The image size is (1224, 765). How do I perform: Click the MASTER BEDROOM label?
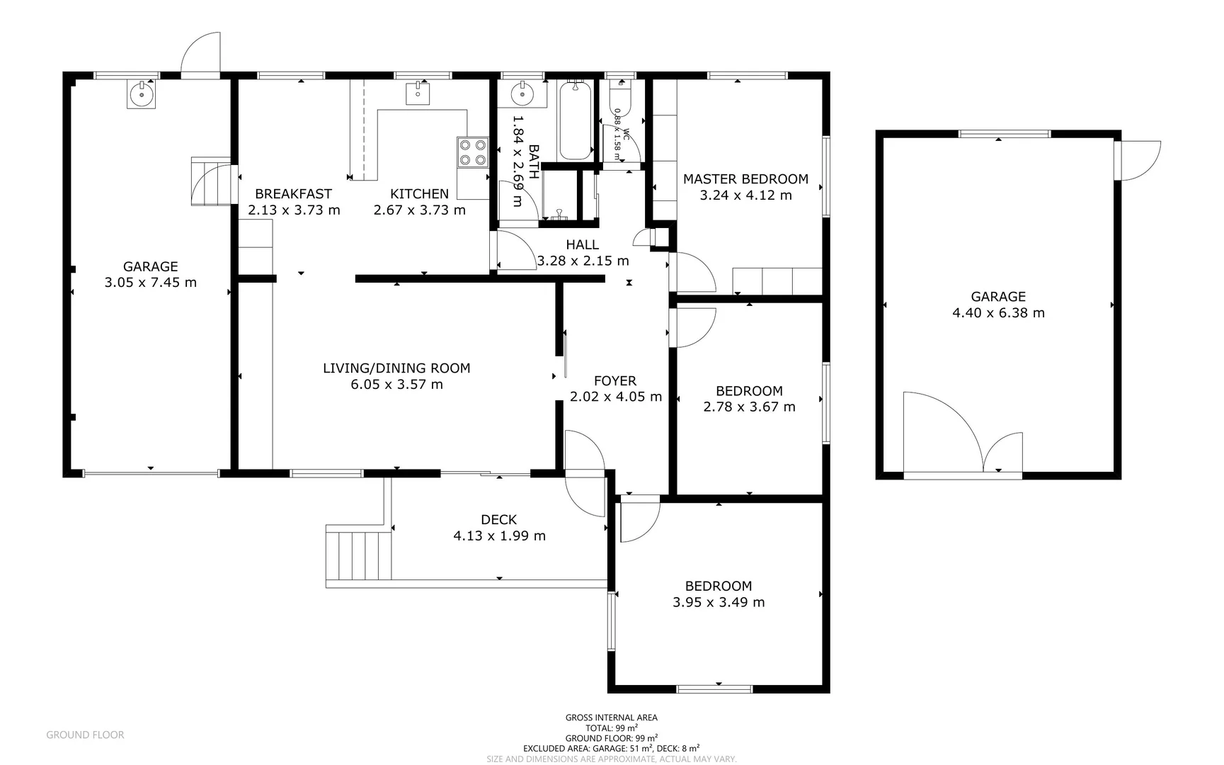point(745,179)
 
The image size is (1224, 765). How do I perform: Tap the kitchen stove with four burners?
point(472,152)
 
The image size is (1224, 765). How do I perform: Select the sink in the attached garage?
point(142,93)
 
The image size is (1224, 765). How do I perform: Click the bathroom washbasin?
point(522,93)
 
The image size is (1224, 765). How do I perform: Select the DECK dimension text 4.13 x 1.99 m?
point(499,536)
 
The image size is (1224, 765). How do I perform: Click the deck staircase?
point(359,555)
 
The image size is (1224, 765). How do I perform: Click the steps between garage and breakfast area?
point(210,182)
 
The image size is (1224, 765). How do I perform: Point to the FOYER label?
point(614,380)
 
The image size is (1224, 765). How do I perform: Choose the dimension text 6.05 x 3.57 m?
point(396,385)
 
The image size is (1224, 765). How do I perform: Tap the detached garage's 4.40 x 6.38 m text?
point(998,313)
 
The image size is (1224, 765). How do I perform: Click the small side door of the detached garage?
point(1136,160)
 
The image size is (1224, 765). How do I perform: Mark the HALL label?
point(582,244)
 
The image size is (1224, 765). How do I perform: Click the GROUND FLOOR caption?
point(85,735)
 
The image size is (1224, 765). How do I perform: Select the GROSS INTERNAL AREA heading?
point(611,718)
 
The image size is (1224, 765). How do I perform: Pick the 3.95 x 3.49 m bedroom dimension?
point(718,603)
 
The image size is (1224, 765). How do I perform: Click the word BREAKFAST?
point(293,193)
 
